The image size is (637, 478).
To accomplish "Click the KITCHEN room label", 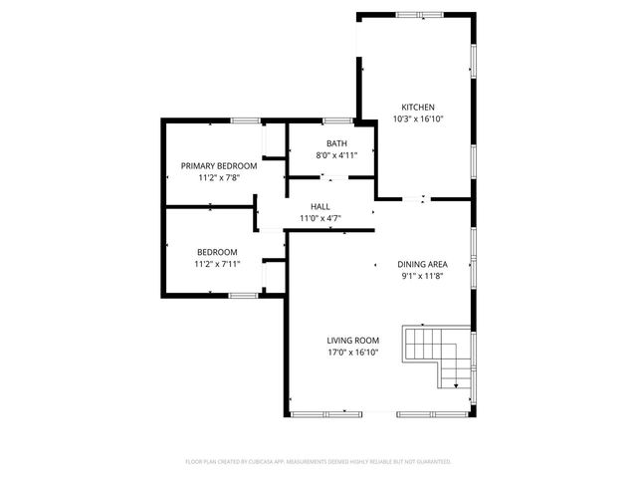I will tap(418, 108).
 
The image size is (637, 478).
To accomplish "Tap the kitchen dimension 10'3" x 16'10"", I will tap(418, 119).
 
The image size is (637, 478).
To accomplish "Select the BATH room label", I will tap(336, 143).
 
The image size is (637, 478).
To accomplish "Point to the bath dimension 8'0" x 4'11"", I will tap(336, 155).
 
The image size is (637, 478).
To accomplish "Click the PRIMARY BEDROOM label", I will tap(218, 165).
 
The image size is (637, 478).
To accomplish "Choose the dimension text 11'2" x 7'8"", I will tap(218, 177).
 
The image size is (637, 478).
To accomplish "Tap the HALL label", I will tap(320, 206).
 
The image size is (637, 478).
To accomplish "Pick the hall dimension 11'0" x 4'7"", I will tap(320, 218).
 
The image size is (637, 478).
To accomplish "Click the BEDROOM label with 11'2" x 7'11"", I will tap(216, 252).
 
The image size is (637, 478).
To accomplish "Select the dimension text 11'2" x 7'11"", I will tap(216, 264).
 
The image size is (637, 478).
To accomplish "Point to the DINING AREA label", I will tap(423, 264).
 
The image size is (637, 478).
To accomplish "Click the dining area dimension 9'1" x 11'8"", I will tap(423, 276).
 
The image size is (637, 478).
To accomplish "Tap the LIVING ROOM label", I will tap(353, 340).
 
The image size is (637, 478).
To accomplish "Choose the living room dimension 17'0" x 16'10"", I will tap(353, 352).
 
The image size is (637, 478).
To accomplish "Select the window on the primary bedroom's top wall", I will tap(246, 120).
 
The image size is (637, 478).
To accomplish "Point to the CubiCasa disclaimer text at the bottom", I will tap(318, 462).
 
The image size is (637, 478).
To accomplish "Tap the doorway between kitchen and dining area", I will tap(425, 198).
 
